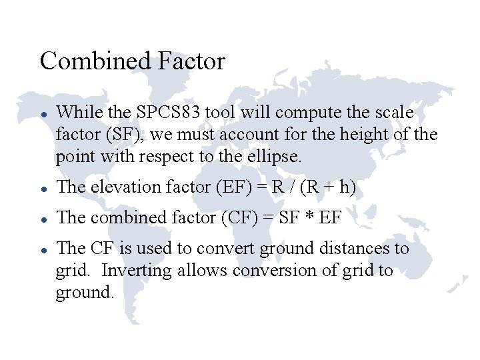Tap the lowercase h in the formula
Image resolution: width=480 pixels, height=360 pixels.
pos(344,187)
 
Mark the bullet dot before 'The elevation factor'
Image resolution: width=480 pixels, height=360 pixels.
pos(43,189)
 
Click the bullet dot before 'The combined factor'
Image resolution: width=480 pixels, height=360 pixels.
pos(43,219)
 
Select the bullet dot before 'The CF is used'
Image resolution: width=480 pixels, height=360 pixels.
pos(43,249)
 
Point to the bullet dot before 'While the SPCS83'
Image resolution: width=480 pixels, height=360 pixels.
pos(43,114)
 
